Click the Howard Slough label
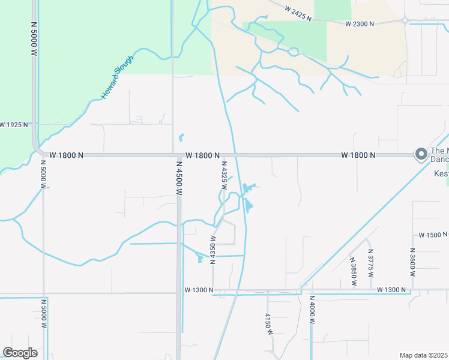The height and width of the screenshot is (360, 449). [x=117, y=76]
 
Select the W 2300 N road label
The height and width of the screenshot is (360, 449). [x=360, y=23]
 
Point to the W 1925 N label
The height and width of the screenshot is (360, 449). [x=14, y=125]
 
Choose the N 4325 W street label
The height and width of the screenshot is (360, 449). [x=224, y=175]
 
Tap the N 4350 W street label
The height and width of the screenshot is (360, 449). [x=212, y=251]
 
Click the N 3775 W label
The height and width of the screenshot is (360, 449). [x=370, y=263]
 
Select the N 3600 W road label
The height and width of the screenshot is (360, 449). [x=412, y=262]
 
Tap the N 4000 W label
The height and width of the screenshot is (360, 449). [x=312, y=310]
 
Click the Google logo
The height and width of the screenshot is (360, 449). [x=20, y=353]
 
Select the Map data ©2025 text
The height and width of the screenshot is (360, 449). [x=423, y=355]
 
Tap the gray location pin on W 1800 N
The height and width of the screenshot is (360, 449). [x=421, y=155]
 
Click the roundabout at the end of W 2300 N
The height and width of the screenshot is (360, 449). [x=406, y=20]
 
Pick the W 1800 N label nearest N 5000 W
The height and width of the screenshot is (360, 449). [x=66, y=155]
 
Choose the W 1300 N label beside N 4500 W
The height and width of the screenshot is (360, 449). [x=199, y=290]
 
